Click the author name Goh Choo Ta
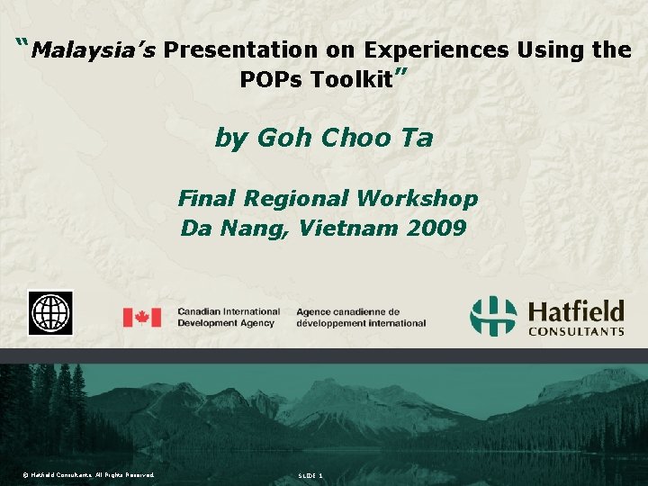[x=323, y=138]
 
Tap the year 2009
[x=436, y=228]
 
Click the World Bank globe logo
[x=50, y=313]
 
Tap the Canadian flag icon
[x=141, y=317]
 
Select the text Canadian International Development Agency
[x=229, y=317]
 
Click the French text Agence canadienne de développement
[x=360, y=317]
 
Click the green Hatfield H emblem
[x=494, y=316]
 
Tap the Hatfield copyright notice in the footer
[x=89, y=474]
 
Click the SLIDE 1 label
[x=310, y=474]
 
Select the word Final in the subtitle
[x=207, y=198]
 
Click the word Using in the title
[x=550, y=50]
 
